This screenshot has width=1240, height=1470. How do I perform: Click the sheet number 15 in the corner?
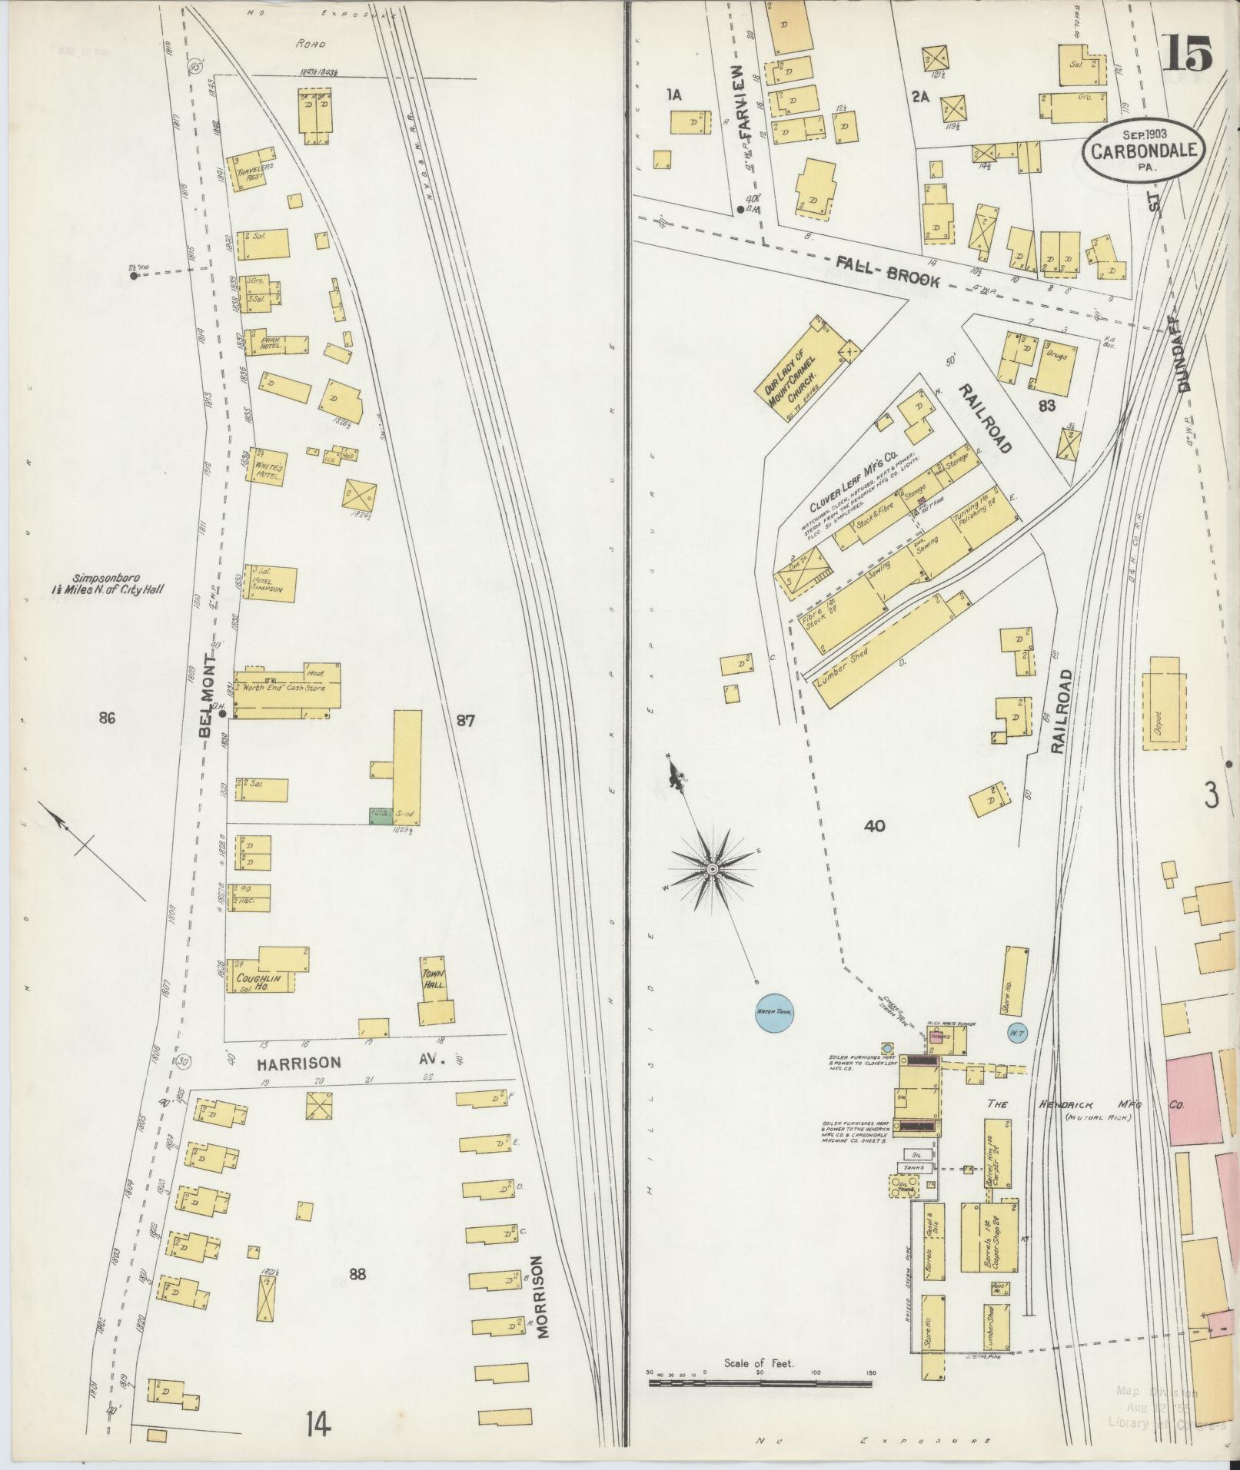click(x=1187, y=53)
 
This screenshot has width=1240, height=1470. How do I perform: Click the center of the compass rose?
click(x=713, y=868)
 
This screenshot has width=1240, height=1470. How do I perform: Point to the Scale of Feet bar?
click(x=760, y=845)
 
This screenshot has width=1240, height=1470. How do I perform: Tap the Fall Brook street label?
click(x=886, y=270)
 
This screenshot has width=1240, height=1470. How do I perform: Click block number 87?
click(x=466, y=720)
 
